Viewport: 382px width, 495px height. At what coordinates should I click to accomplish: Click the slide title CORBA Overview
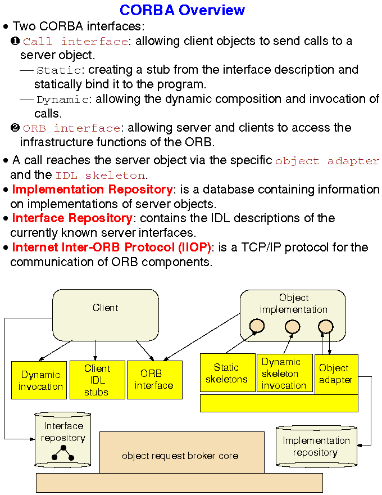tap(183, 10)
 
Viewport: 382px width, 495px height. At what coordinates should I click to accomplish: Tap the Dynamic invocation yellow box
tap(40, 380)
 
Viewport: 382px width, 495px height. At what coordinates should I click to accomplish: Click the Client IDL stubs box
tap(97, 380)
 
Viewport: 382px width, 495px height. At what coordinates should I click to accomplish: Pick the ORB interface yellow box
tap(154, 380)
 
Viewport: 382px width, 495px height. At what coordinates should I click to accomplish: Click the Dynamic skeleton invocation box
tap(284, 373)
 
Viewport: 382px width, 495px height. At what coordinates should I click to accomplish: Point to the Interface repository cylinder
tap(63, 439)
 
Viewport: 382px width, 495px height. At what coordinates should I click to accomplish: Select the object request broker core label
tap(180, 456)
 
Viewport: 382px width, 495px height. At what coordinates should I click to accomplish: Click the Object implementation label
tap(293, 304)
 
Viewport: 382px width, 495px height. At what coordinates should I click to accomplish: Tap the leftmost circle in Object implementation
tap(257, 326)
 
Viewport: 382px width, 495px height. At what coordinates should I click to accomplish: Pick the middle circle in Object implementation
tap(292, 326)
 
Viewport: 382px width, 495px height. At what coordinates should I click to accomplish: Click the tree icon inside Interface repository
tap(63, 451)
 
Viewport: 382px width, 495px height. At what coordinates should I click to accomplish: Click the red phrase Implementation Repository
tap(92, 189)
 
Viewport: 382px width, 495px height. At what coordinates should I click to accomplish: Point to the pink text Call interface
tap(75, 42)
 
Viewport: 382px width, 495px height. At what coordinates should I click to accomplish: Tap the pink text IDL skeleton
tap(100, 175)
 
